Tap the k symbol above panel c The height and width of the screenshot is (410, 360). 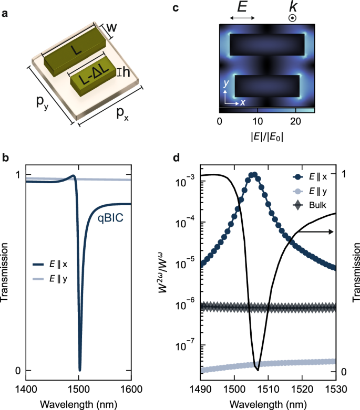(x=292, y=9)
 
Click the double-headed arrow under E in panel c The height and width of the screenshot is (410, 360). (x=243, y=18)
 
